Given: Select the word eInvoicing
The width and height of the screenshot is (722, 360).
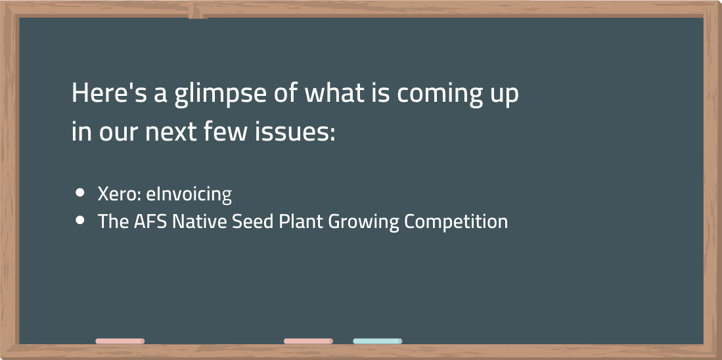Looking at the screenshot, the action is pyautogui.click(x=189, y=195).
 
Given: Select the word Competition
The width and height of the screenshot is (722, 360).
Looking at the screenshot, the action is pyautogui.click(x=456, y=223).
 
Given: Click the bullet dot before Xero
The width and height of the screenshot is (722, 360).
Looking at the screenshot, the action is pyautogui.click(x=80, y=193).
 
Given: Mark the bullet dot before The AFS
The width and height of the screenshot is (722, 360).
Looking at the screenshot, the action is pyautogui.click(x=80, y=221).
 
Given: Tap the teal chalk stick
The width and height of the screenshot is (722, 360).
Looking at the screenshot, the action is pyautogui.click(x=378, y=341).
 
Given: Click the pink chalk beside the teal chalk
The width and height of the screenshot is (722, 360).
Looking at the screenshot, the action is pyautogui.click(x=308, y=341).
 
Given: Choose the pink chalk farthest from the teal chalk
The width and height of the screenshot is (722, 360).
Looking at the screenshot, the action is pyautogui.click(x=120, y=341).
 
